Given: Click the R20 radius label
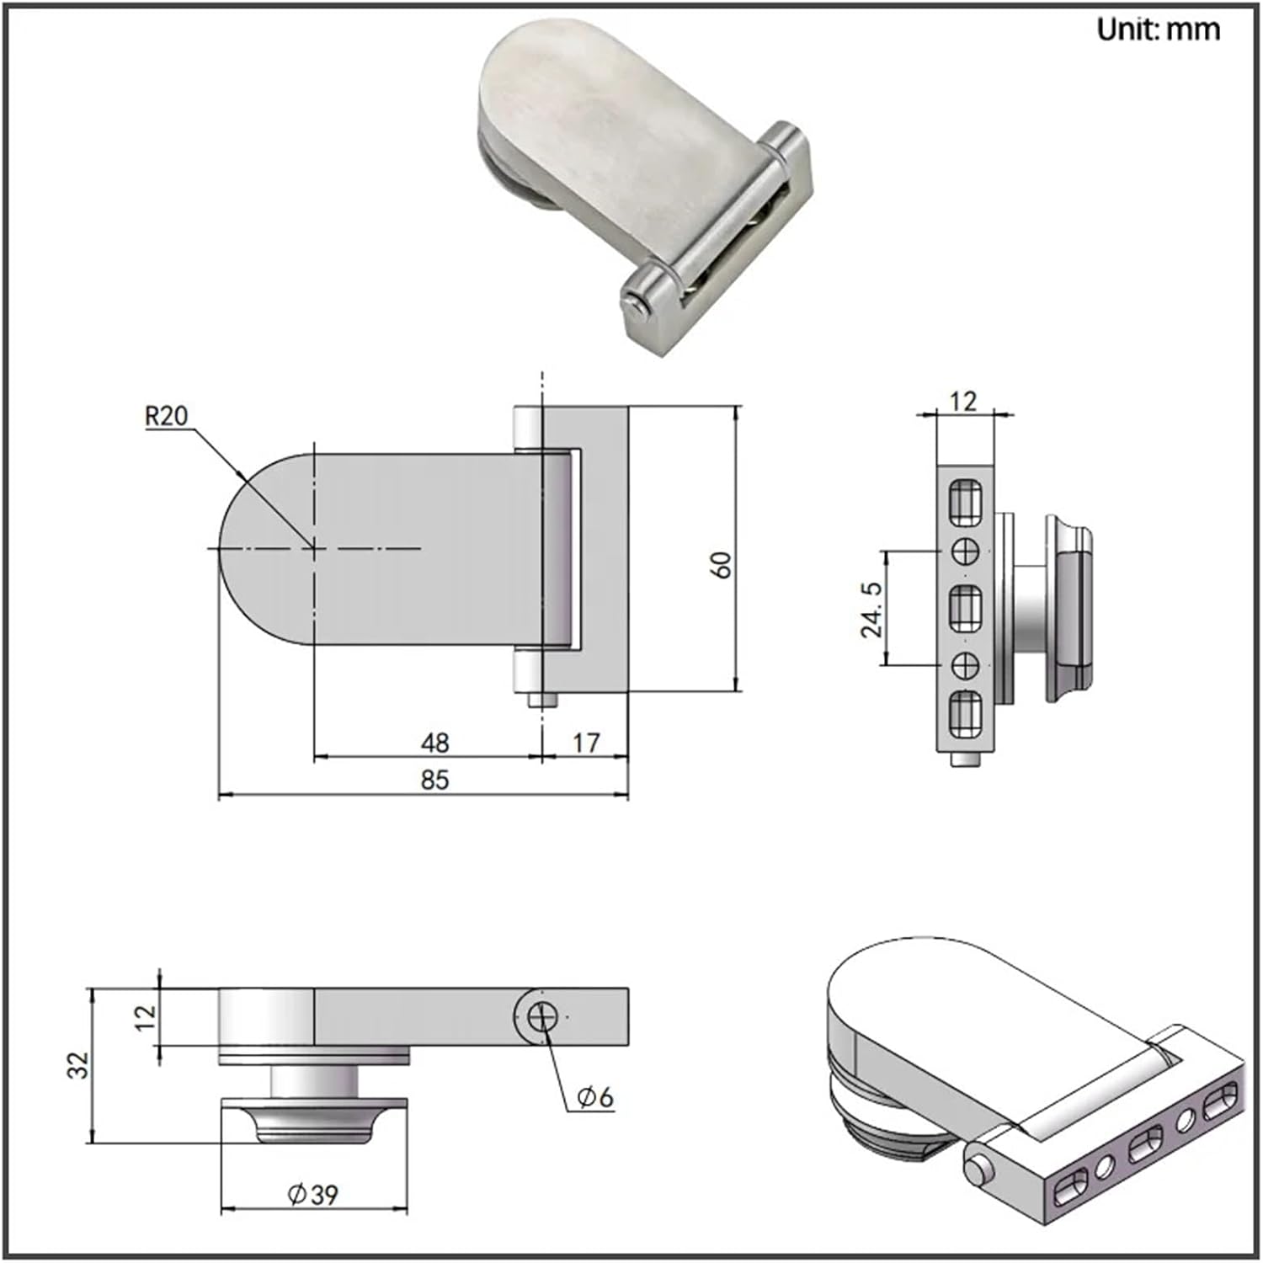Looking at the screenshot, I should (167, 416).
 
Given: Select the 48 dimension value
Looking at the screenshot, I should (434, 743).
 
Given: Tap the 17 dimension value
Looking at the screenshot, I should (586, 743).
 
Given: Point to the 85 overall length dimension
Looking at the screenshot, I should (434, 780).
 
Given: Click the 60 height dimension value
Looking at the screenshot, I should (722, 564).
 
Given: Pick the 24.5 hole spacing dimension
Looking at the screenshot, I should (872, 609).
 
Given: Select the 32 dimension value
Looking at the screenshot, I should (78, 1066).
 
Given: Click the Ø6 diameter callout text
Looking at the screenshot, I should (595, 1097).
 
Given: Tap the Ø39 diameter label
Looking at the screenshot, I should (312, 1195).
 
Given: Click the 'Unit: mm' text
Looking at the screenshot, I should (1158, 29).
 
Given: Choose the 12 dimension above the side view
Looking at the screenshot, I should (962, 401).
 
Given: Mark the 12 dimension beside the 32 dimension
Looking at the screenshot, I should (146, 1016).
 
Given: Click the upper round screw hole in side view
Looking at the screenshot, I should (965, 552).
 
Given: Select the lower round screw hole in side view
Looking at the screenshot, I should (965, 665).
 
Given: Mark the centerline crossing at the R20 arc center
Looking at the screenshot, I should (314, 548).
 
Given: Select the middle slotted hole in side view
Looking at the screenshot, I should (965, 609).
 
